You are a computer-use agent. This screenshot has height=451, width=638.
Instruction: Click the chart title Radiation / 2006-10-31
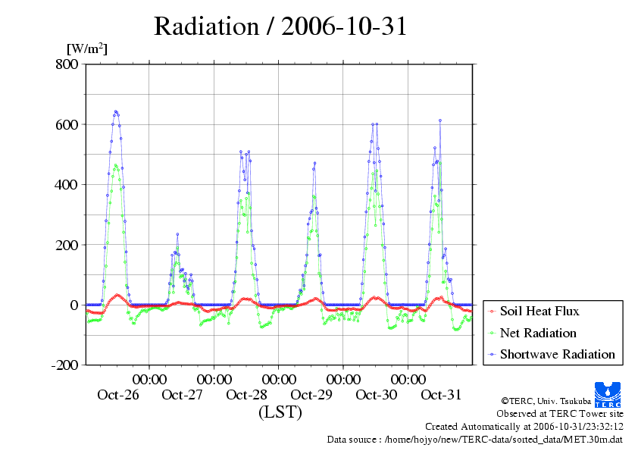click(x=280, y=27)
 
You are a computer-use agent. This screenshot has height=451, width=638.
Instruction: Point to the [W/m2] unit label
click(x=87, y=49)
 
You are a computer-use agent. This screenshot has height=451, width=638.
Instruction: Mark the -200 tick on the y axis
click(x=64, y=365)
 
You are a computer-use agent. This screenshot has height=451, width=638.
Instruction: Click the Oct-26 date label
click(x=118, y=395)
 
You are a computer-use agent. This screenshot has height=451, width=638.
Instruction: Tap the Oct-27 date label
click(x=183, y=395)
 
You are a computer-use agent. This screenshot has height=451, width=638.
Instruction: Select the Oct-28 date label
click(x=247, y=395)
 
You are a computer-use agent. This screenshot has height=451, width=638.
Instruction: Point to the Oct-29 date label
click(x=311, y=395)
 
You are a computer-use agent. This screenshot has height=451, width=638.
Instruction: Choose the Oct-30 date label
click(x=377, y=395)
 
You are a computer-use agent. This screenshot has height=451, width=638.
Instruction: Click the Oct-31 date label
click(x=441, y=395)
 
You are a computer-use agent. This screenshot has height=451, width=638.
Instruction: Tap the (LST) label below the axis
click(x=280, y=412)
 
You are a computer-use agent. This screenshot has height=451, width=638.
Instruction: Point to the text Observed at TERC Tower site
click(x=560, y=414)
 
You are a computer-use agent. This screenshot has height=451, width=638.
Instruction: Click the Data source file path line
click(x=475, y=439)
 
